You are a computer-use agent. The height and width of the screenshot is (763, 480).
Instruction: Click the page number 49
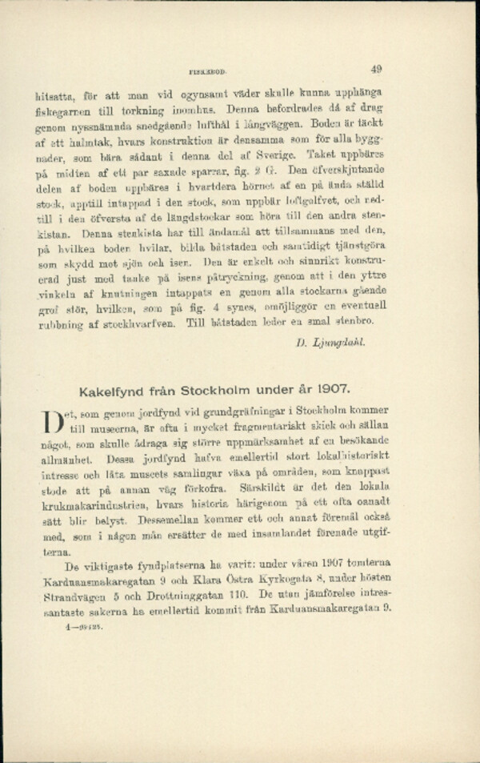(x=378, y=70)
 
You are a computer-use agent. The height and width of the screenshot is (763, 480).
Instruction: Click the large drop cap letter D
(x=50, y=424)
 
